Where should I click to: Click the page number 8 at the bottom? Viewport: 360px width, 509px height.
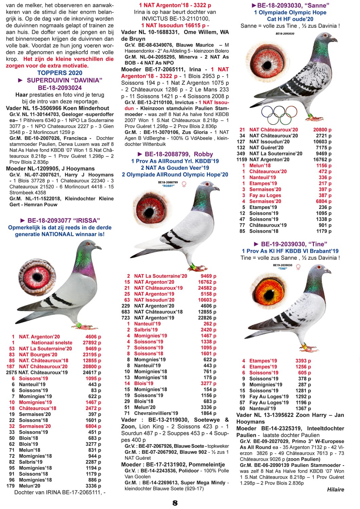[175, 503]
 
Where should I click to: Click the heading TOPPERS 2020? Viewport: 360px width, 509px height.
[60, 73]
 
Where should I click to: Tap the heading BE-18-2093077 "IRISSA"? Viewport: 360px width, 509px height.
[60, 220]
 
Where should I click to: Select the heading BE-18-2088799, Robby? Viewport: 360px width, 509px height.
[175, 154]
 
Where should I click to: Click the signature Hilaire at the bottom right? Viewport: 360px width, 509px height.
[336, 489]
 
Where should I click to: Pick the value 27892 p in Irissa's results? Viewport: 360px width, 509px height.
[92, 343]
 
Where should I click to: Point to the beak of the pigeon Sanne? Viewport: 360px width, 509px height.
[336, 40]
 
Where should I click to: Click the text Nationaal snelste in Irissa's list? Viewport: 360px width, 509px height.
[52, 343]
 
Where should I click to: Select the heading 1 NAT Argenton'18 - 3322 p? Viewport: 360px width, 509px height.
[175, 5]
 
